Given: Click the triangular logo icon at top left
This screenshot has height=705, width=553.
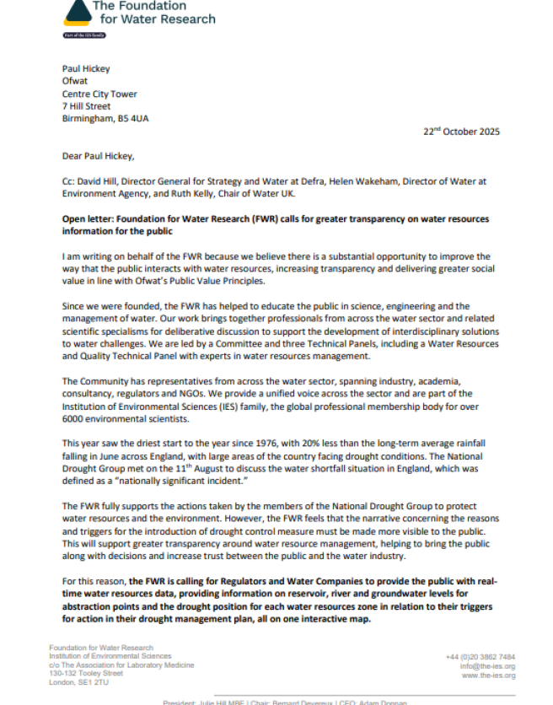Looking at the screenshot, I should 78,10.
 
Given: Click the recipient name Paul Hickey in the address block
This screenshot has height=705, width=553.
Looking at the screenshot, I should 87,69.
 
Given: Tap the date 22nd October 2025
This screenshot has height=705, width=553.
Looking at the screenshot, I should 461,132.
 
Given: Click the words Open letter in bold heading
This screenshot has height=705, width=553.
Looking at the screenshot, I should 88,218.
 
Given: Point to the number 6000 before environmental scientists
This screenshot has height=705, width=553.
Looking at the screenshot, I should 75,418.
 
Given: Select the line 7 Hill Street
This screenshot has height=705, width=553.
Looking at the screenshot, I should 86,106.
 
